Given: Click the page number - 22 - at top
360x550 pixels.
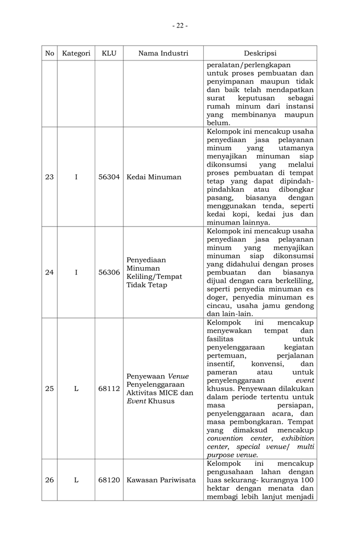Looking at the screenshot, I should coord(179,25).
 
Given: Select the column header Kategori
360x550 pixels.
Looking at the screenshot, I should coord(76,53).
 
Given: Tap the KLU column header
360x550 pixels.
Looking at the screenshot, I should coord(109,53).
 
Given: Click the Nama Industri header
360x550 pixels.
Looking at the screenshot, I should coord(163,53).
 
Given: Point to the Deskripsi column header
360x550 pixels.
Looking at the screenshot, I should coord(260,53).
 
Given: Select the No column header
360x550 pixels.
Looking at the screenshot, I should coord(50,53).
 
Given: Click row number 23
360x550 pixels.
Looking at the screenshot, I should coord(50,177).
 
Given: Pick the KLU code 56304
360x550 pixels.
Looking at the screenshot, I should coord(109,177).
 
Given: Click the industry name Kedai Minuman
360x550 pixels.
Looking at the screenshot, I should coord(154,177).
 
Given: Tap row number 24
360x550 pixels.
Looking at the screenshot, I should coord(50,272).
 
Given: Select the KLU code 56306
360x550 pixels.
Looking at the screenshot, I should coord(109,272).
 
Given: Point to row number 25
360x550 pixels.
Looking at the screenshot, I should coord(50,388).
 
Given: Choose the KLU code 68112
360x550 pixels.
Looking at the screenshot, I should coord(109,388).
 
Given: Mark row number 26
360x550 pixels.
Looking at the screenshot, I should coord(50,480).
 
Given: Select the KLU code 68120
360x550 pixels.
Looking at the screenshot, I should coord(109,480).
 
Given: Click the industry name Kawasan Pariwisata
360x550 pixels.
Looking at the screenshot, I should coord(161,480).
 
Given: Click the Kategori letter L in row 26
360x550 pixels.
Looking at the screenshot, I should coord(76,480).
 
